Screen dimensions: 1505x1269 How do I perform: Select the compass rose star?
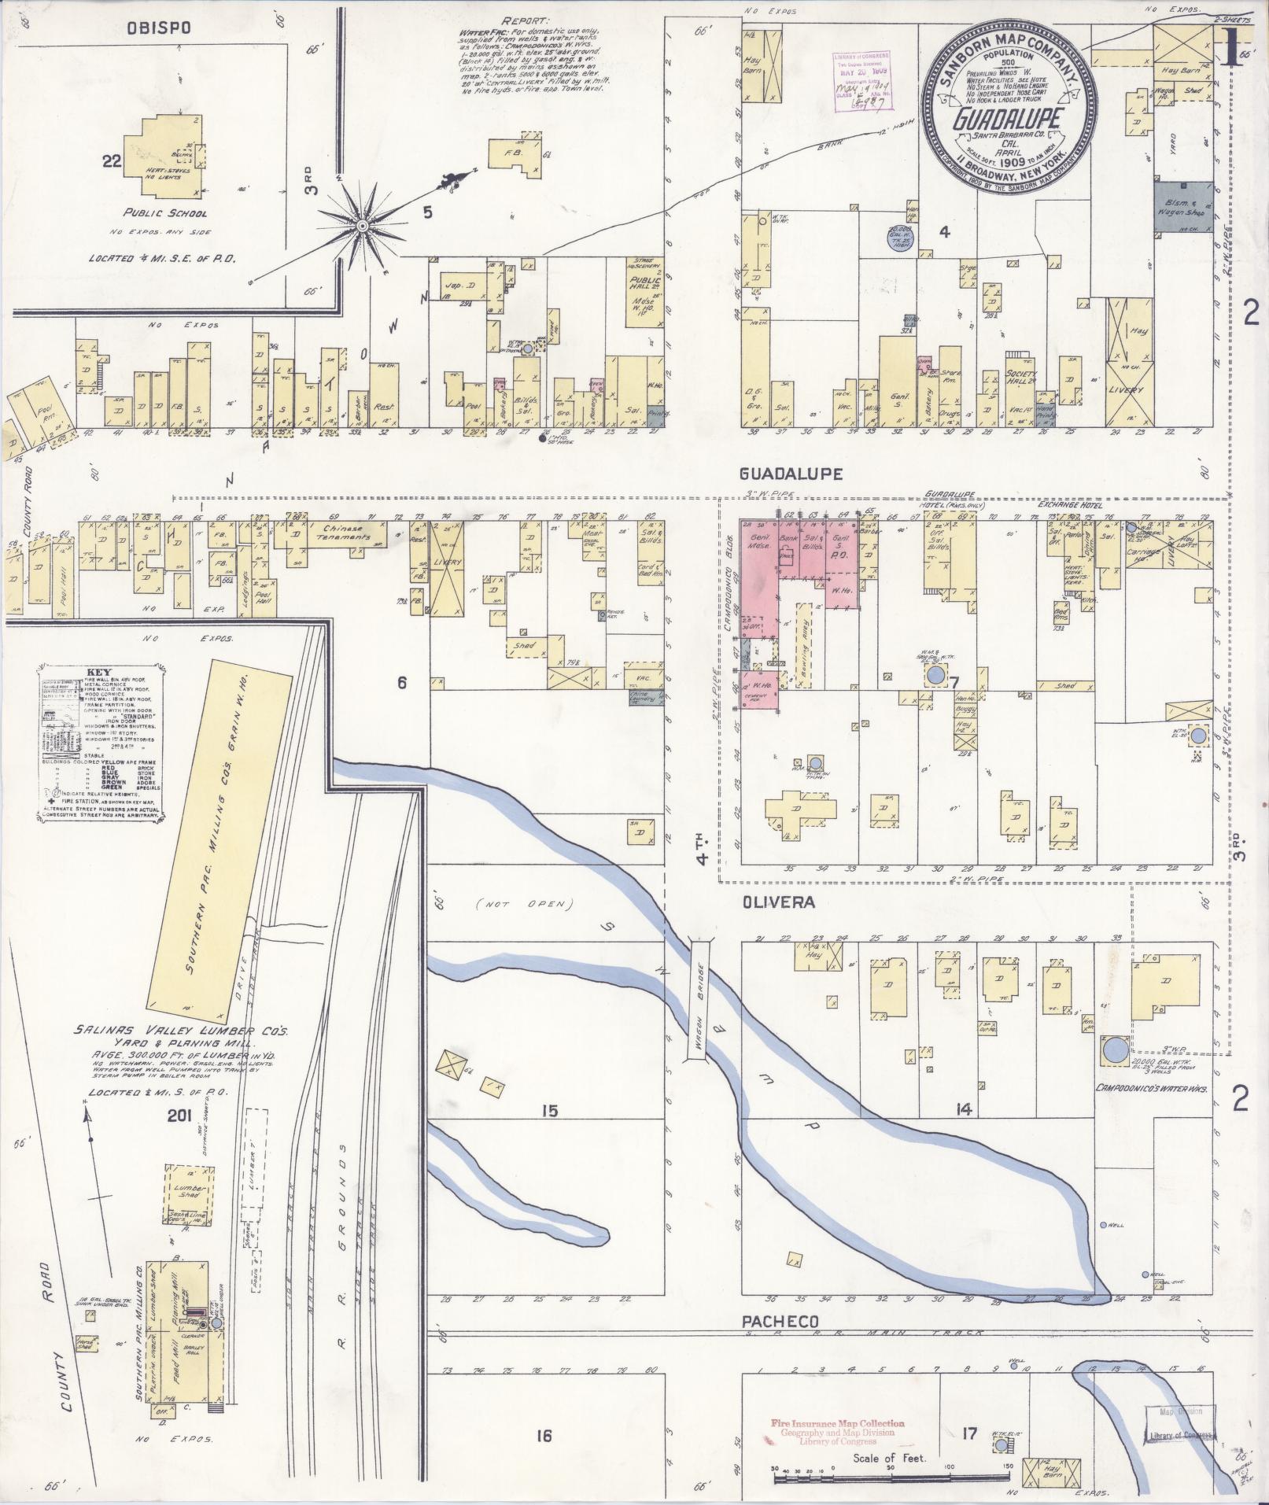click(x=363, y=227)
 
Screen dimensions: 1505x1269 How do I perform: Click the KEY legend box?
click(x=100, y=742)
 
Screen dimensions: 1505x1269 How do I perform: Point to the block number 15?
click(x=548, y=1111)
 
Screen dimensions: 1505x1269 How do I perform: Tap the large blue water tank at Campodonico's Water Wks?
click(x=1114, y=1049)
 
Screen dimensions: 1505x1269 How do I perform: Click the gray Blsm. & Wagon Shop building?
click(x=1184, y=206)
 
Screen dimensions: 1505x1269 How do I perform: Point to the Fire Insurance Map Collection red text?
click(x=837, y=1423)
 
